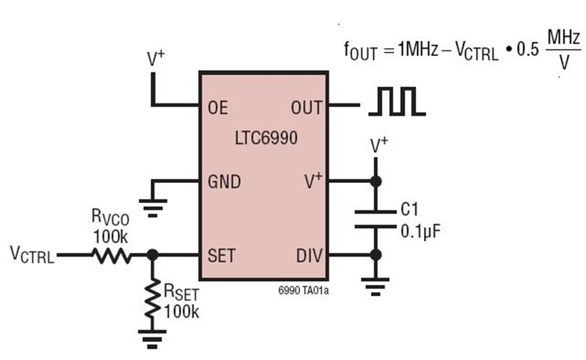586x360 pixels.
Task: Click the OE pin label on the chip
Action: click(218, 106)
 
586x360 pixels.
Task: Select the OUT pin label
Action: click(306, 106)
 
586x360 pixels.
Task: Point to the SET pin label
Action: click(221, 255)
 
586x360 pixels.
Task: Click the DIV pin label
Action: click(309, 255)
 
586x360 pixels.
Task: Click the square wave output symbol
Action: click(397, 104)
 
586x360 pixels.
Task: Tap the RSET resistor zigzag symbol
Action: click(152, 298)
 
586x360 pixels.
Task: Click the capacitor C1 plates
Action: click(376, 219)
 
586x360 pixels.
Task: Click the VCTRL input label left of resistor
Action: click(32, 255)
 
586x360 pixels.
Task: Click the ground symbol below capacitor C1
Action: click(376, 284)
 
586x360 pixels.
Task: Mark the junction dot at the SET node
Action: click(152, 256)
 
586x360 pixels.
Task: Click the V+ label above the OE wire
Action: click(156, 59)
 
